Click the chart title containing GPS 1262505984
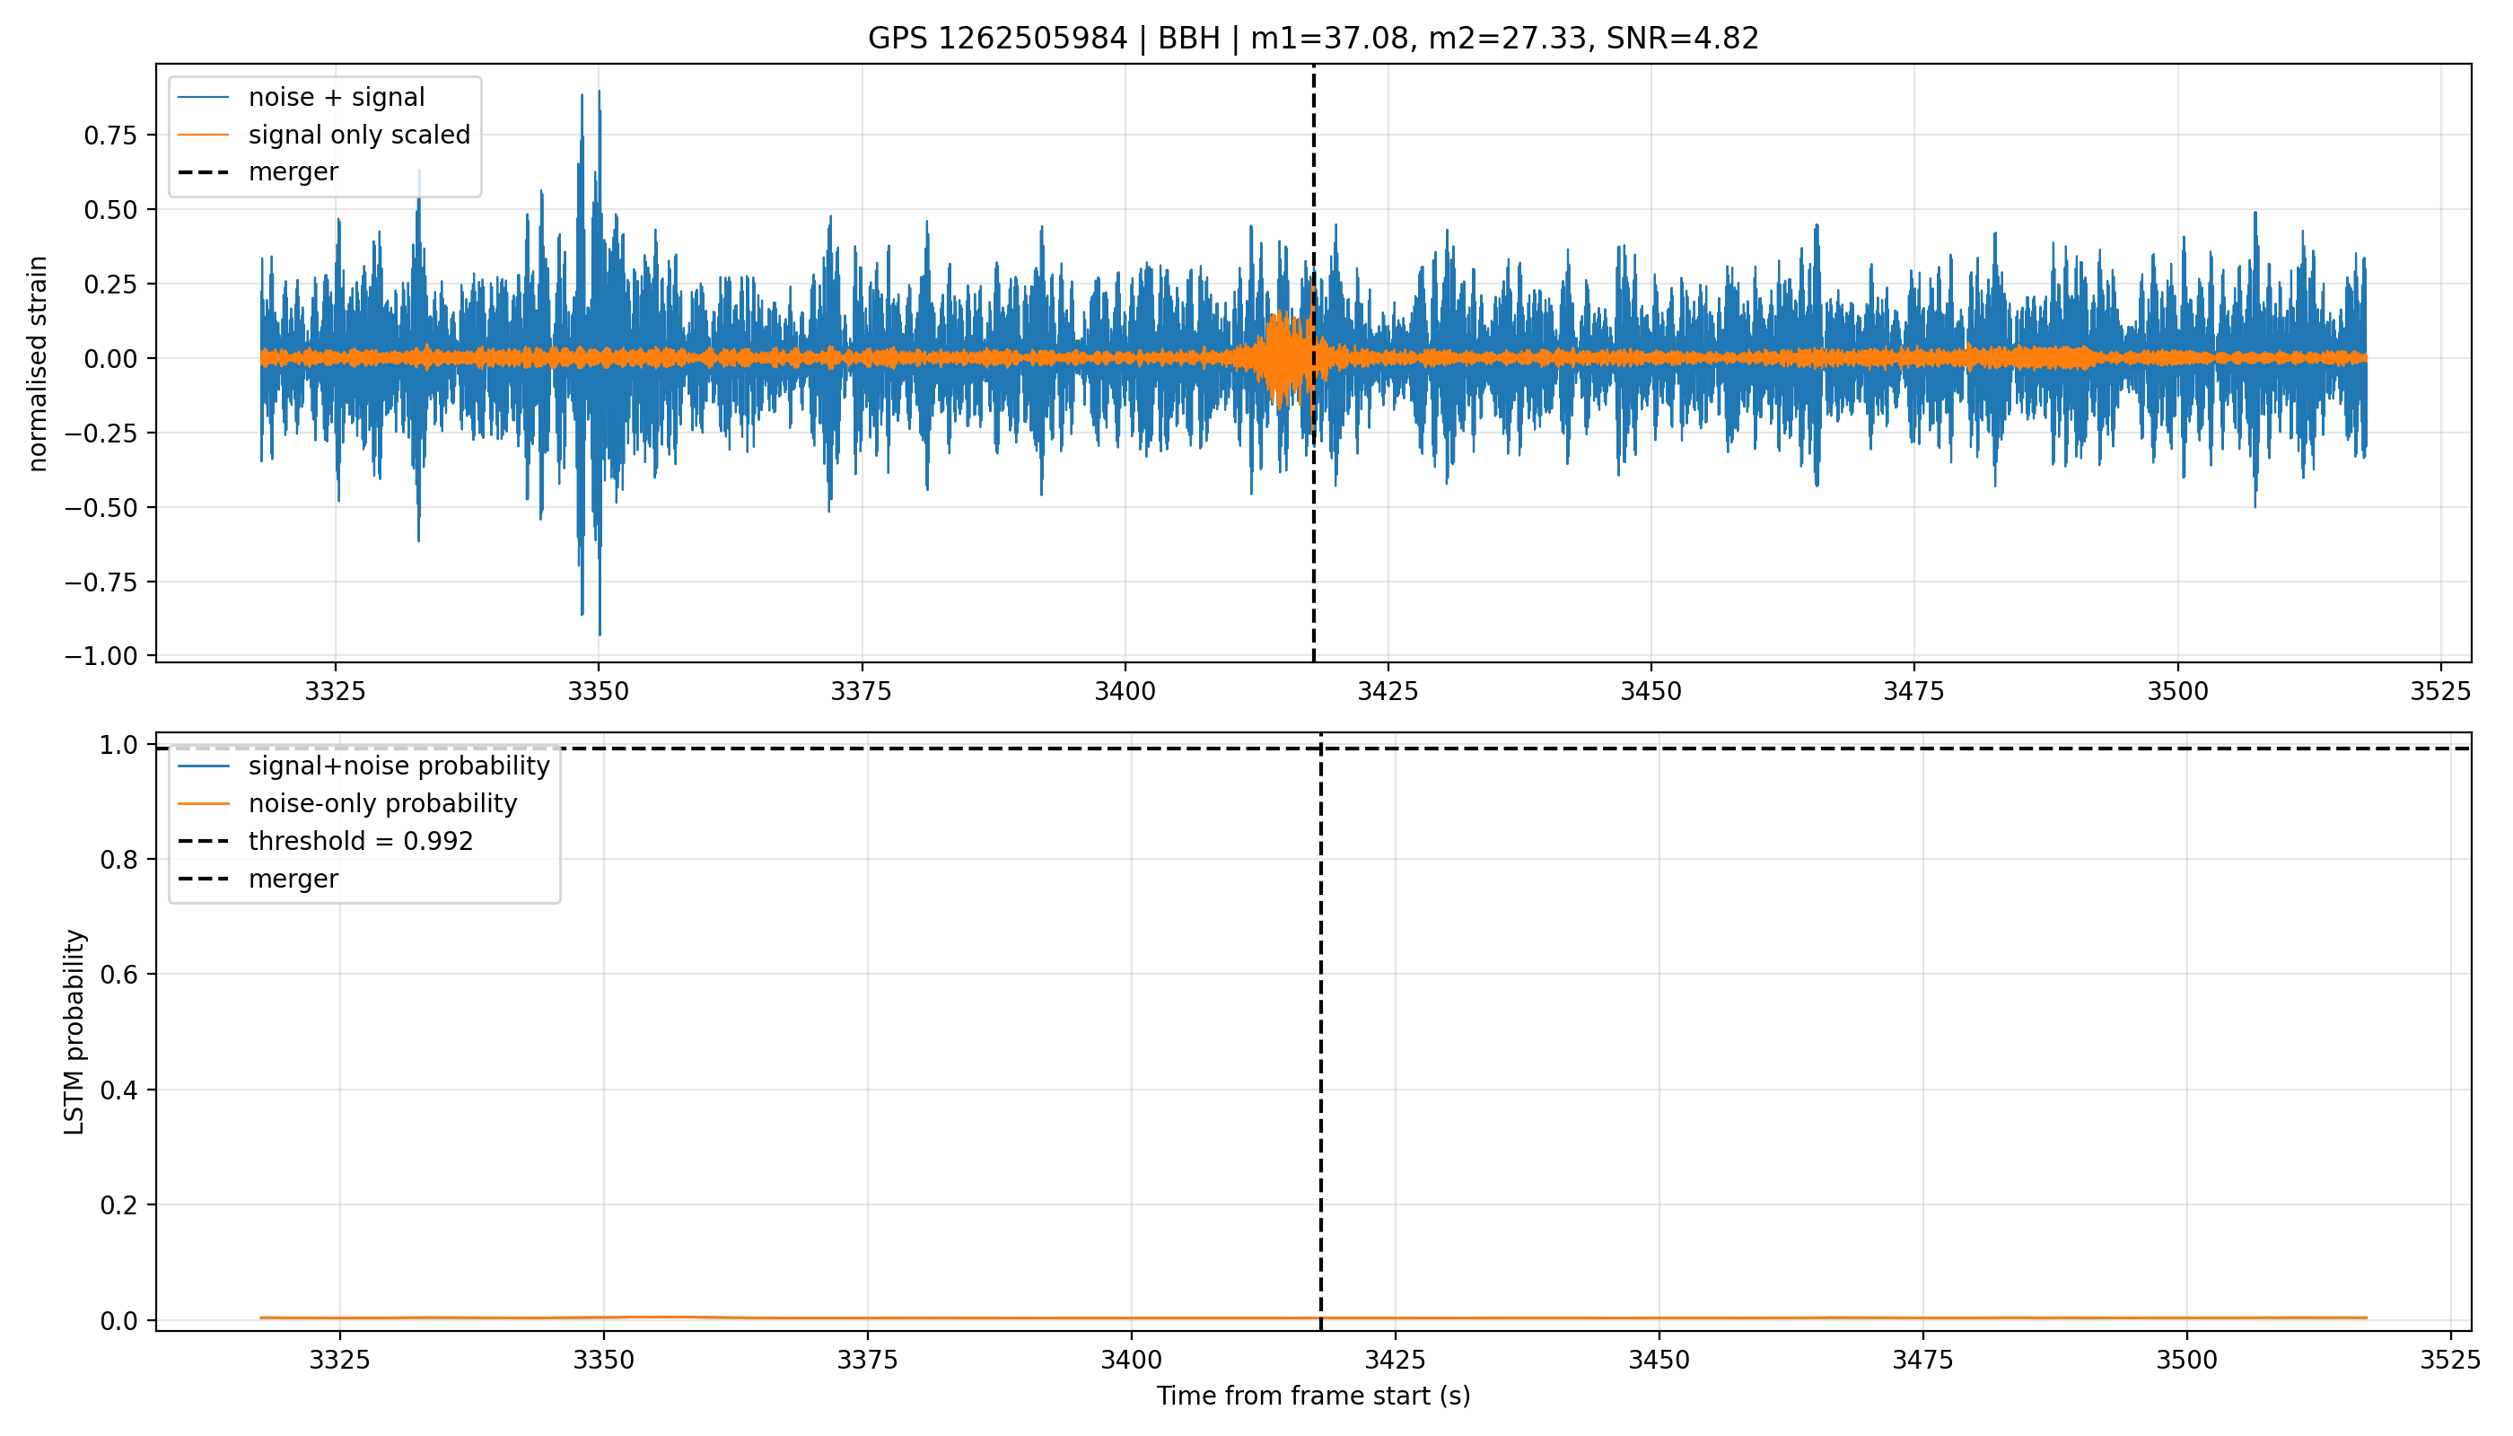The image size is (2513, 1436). (x=1313, y=39)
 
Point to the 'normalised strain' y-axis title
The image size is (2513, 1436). (x=38, y=363)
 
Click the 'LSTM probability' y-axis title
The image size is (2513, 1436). (x=75, y=1031)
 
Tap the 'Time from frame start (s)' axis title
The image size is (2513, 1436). (x=1314, y=1396)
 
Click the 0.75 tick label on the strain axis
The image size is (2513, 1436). (x=110, y=136)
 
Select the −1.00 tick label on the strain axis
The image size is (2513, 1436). (x=101, y=656)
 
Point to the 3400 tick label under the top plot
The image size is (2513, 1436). (x=1125, y=691)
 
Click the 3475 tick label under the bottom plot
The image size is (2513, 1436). (x=1922, y=1360)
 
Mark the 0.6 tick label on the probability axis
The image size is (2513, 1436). (x=119, y=975)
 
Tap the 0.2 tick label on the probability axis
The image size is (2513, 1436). (x=119, y=1205)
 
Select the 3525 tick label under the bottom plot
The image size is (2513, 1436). (x=2450, y=1360)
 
